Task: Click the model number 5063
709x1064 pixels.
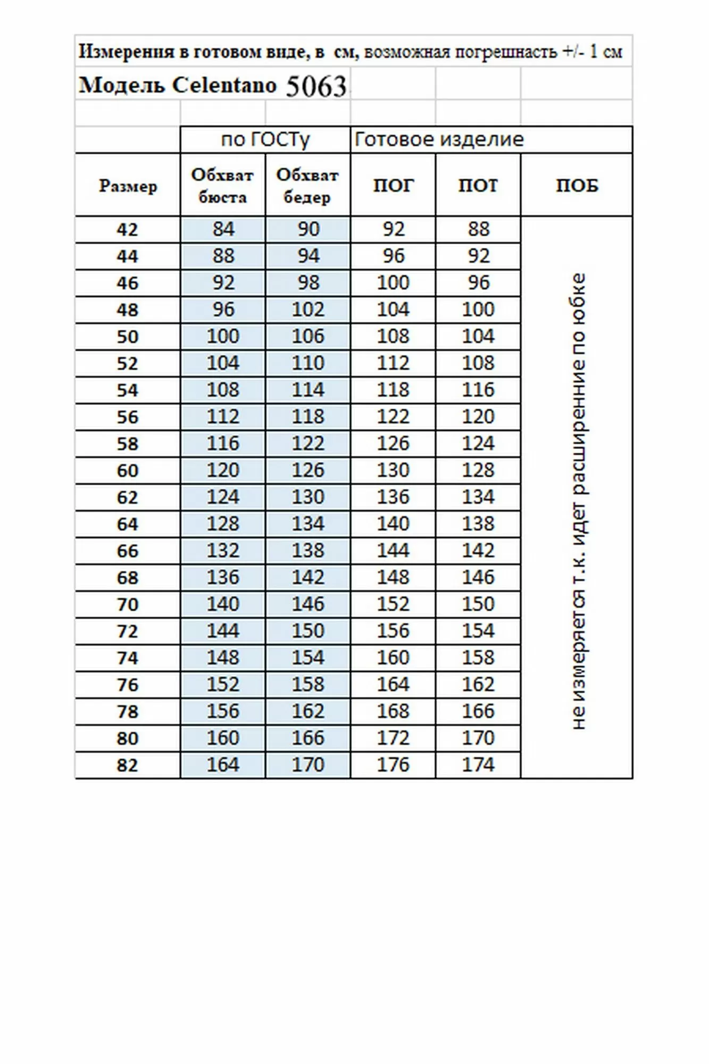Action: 316,86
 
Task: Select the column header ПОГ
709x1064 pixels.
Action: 393,186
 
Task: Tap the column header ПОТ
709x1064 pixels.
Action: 478,186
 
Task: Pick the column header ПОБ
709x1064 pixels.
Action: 577,186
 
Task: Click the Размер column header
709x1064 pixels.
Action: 128,186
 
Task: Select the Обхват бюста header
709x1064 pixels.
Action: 222,186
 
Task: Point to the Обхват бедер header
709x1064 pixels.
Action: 307,186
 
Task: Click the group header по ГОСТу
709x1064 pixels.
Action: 265,140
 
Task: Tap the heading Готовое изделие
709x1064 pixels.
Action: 439,140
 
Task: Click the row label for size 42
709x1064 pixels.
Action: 128,230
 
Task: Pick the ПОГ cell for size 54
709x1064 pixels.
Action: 393,390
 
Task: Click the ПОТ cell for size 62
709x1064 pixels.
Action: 478,497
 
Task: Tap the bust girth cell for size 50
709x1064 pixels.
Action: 222,336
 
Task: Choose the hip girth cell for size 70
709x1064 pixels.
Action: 307,604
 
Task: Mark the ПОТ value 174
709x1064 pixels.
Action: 478,765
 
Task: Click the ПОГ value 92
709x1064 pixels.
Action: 393,229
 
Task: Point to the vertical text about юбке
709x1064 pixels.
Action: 578,500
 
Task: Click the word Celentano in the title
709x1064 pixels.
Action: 224,85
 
